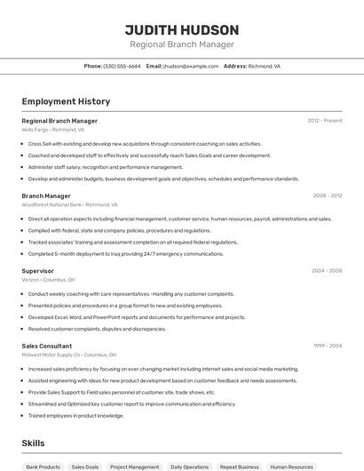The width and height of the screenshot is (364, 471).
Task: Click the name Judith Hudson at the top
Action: pos(181,30)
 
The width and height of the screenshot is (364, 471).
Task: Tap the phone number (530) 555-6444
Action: pos(122,66)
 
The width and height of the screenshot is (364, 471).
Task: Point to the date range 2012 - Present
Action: pos(324,121)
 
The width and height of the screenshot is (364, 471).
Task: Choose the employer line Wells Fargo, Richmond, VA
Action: pos(52,130)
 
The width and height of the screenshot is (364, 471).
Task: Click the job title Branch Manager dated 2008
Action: pos(46,196)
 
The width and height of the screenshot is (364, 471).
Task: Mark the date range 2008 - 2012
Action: pos(327,196)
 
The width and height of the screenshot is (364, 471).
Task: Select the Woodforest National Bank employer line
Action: pos(69,204)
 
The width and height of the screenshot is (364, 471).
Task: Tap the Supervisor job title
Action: pos(38,271)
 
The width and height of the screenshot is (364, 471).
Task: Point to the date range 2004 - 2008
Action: pos(327,271)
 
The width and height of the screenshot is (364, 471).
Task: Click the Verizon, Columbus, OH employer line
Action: pos(48,279)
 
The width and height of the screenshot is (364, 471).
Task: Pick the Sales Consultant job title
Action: pos(47,346)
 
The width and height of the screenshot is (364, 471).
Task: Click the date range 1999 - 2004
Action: pos(327,346)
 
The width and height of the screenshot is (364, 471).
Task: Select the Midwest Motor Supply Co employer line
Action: pos(70,355)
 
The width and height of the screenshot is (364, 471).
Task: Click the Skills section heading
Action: pos(33,443)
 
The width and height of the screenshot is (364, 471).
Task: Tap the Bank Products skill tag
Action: pos(44,467)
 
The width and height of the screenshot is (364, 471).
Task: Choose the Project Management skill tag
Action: pos(134,467)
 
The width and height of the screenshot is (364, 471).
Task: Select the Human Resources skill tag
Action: pos(292,467)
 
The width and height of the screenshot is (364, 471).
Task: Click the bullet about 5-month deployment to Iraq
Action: pos(125,254)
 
